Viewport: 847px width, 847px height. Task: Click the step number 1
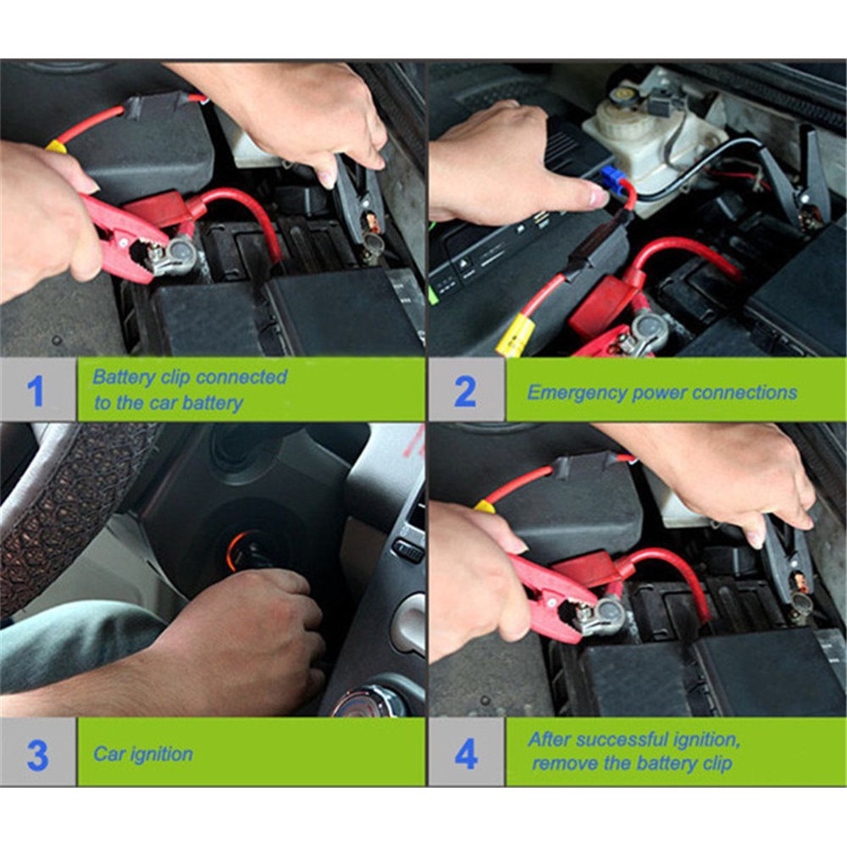[35, 391]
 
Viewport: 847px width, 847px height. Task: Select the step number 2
[465, 391]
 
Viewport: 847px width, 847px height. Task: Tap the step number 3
[36, 754]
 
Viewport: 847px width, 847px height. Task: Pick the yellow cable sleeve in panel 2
[514, 335]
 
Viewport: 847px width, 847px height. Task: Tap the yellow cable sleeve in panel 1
[56, 146]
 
